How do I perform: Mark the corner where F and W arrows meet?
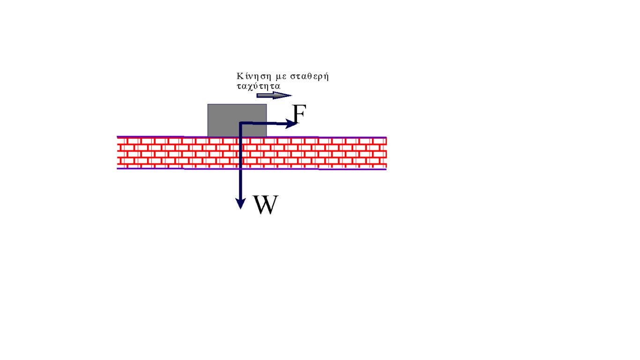point(240,123)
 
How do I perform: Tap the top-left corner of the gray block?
point(208,104)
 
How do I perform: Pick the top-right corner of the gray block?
point(267,104)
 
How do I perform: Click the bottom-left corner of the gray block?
point(208,136)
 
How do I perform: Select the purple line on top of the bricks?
point(328,137)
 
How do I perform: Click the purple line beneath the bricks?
point(328,168)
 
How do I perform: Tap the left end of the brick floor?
point(118,152)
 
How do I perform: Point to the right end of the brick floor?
point(386,152)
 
